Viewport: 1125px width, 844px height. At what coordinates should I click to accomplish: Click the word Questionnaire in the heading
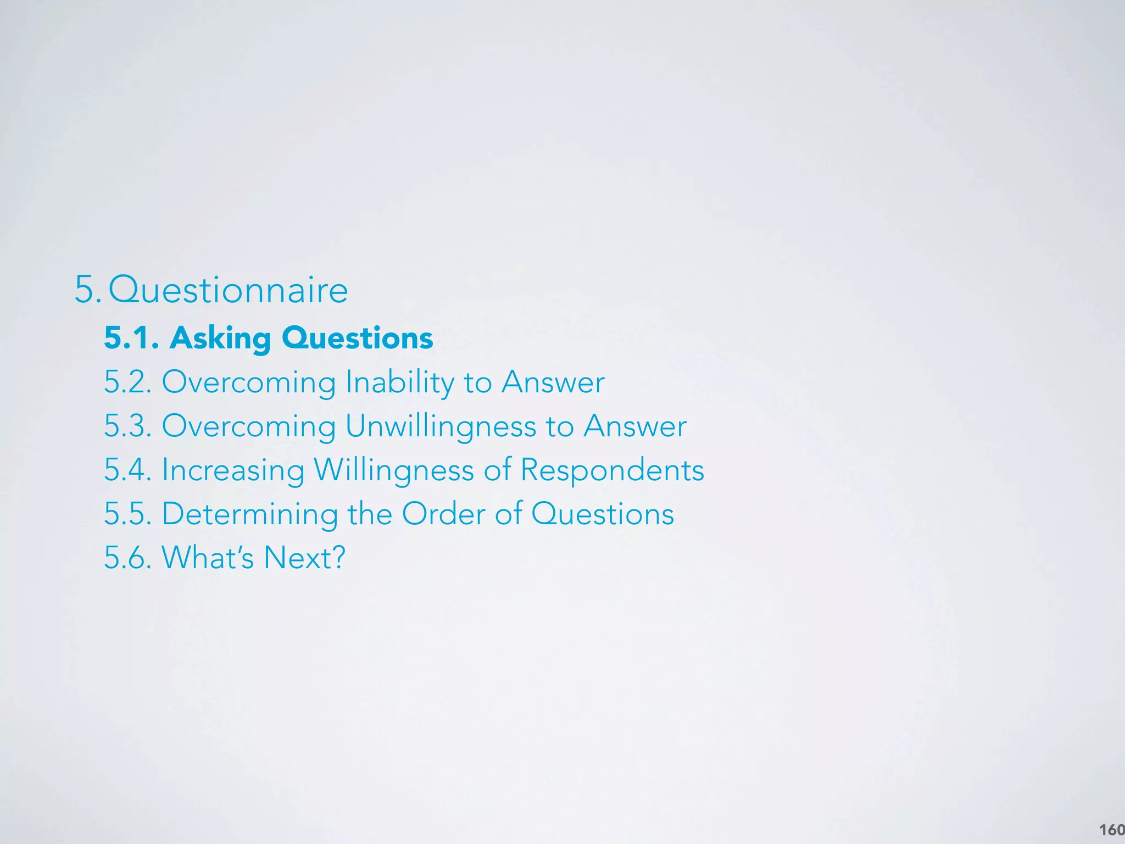coord(228,290)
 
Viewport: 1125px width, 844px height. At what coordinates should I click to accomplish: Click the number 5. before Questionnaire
coord(87,290)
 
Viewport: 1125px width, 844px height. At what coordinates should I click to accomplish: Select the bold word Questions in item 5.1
coord(357,338)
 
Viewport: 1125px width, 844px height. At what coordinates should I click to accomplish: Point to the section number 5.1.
coord(131,338)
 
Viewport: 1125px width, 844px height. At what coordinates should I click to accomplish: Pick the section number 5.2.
coord(127,382)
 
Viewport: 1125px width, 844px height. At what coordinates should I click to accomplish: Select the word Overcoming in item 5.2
coord(248,382)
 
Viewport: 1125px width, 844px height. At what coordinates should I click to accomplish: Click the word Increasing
coord(233,470)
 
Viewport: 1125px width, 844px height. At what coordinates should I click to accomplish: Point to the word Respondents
coord(612,470)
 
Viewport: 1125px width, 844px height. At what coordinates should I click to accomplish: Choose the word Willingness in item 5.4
coord(393,470)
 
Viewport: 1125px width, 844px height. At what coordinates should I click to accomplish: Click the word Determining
coord(249,514)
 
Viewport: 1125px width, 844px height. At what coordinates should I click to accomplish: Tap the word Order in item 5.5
coord(443,514)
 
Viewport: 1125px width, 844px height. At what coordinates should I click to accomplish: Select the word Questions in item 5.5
coord(602,514)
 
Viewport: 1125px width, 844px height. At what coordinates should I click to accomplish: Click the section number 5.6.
coord(127,558)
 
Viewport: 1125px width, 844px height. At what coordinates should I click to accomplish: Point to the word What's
coord(208,558)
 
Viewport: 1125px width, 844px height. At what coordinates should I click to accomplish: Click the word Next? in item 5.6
coord(304,558)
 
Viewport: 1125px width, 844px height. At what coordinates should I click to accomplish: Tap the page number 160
coord(1112,830)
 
